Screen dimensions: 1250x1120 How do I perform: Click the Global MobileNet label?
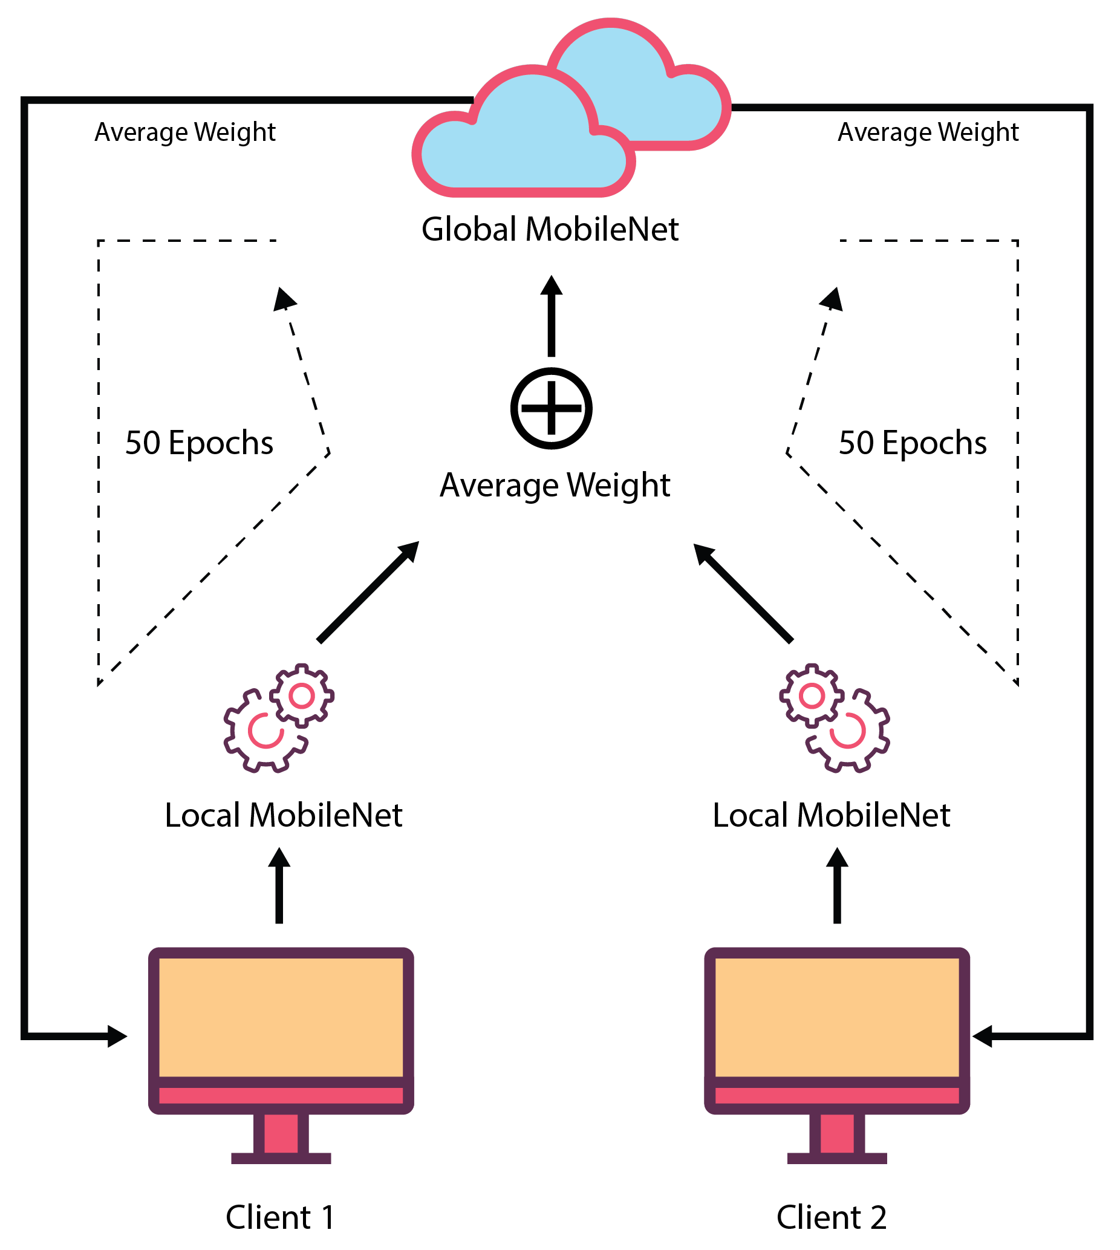[x=550, y=230]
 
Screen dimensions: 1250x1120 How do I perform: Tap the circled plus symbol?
[x=552, y=408]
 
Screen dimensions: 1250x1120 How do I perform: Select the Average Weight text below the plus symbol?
[x=555, y=485]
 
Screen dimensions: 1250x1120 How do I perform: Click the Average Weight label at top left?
[x=185, y=132]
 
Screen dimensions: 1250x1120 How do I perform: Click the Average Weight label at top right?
[x=928, y=132]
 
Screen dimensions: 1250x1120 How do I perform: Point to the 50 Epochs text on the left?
[x=199, y=443]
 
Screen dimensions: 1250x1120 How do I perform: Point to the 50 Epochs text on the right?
[x=913, y=443]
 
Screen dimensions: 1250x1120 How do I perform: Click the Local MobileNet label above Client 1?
[x=283, y=815]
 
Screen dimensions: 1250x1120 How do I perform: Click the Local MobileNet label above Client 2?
[x=832, y=815]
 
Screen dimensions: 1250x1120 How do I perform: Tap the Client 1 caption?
[x=281, y=1217]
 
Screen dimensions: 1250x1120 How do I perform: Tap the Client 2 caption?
[x=832, y=1217]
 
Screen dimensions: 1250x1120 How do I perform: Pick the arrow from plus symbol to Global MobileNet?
[x=552, y=317]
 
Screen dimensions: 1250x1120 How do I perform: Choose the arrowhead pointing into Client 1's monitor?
[x=117, y=1036]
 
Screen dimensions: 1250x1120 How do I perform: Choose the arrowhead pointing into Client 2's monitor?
[x=983, y=1036]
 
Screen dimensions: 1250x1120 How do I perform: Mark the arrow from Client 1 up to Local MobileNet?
[x=279, y=887]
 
